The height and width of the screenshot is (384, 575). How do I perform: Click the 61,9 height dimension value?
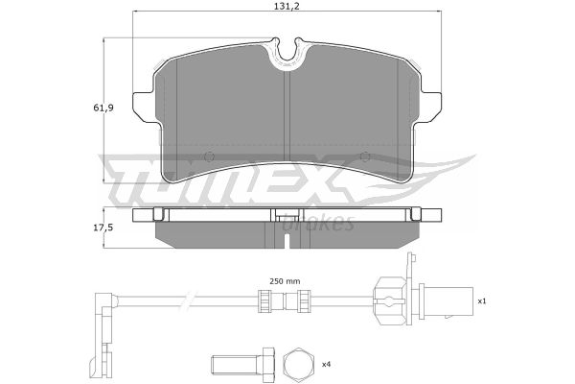tap(103, 108)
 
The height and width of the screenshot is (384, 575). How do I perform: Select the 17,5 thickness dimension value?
tap(103, 228)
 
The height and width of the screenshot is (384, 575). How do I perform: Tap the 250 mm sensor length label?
tap(285, 281)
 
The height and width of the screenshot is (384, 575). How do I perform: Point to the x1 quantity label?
tap(481, 301)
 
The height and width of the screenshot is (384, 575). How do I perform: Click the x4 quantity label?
tap(326, 365)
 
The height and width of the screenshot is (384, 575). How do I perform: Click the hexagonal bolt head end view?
tap(298, 364)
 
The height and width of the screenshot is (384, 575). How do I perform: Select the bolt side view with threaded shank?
tap(243, 364)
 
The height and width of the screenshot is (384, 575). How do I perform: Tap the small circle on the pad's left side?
tap(209, 156)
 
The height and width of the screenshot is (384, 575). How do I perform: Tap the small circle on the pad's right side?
tap(365, 156)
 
